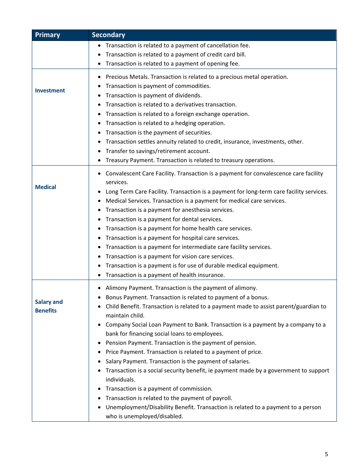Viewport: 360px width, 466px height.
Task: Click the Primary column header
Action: coord(47,35)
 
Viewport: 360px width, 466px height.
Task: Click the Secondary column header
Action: coord(108,35)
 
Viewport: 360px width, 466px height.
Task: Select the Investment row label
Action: coord(50,91)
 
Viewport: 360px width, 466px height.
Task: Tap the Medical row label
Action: coord(45,187)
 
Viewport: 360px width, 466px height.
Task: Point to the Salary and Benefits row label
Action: coord(49,306)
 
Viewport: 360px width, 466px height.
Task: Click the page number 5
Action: coord(326,454)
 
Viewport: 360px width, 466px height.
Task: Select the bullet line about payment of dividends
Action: coord(153,95)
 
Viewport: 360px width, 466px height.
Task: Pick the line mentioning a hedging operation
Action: coord(165,123)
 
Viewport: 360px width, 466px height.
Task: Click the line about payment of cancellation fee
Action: coord(178,45)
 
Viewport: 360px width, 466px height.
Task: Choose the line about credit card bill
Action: coord(176,55)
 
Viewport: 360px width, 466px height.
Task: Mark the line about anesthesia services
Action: coord(170,210)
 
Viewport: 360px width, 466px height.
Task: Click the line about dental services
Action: coord(164,219)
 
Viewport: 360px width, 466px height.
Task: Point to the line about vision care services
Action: coord(170,256)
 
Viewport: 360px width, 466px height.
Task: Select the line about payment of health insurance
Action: coord(165,275)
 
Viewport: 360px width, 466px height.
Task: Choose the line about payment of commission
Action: coord(159,389)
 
